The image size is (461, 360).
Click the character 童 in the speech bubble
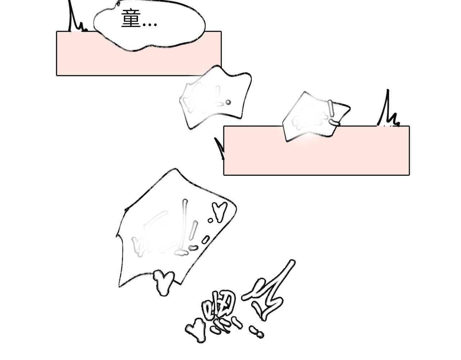pos(130,19)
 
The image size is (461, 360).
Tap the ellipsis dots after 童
pos(149,25)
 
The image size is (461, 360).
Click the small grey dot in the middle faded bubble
pos(228,102)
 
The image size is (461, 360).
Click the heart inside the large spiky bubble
pos(219,211)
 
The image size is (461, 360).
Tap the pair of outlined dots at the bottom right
pos(256,332)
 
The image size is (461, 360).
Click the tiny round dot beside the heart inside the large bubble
pos(210,220)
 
